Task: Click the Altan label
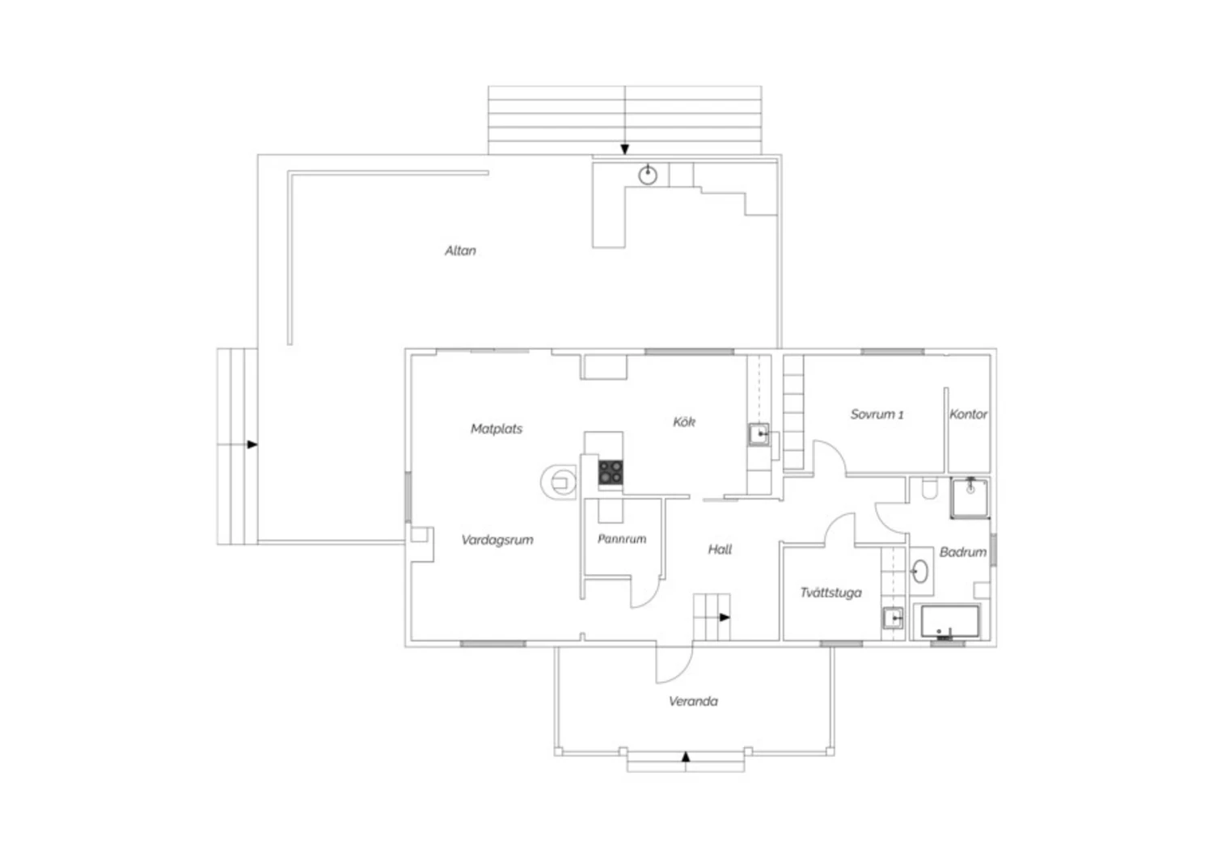[460, 251]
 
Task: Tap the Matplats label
[496, 428]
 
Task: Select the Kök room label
[684, 422]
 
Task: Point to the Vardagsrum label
[497, 540]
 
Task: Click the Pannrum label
[622, 538]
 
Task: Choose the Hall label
[720, 550]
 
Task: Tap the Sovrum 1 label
[877, 414]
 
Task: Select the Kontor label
[968, 414]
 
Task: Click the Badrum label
[963, 552]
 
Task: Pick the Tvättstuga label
[831, 593]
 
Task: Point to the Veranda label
[693, 702]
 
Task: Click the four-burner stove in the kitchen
[611, 472]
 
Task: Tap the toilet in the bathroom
[930, 488]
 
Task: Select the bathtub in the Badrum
[950, 622]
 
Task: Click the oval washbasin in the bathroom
[919, 571]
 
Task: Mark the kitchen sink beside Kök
[759, 434]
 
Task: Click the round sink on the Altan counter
[648, 175]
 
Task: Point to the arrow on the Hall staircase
[725, 617]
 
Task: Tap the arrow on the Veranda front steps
[686, 757]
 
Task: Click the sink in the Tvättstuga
[893, 618]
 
